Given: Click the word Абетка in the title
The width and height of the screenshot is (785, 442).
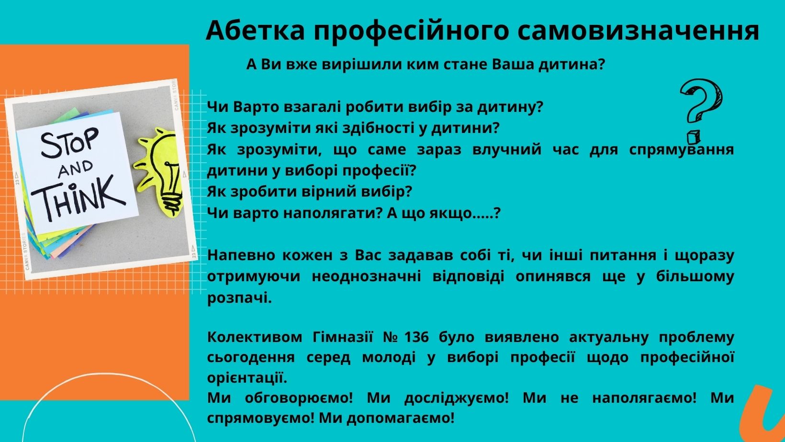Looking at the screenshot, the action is coord(255,31).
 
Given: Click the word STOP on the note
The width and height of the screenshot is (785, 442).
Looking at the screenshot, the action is coord(70,142).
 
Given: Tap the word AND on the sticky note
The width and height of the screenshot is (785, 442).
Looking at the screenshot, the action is coord(75,169).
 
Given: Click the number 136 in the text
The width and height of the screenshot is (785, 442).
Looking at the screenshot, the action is coord(417,337).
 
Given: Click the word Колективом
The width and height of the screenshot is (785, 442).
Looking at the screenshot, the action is coord(255,337).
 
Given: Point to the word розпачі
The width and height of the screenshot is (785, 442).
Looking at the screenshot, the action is coord(239,298).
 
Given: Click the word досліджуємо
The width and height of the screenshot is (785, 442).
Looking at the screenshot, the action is coord(456,398).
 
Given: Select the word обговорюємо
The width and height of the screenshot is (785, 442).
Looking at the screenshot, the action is coord(299,398).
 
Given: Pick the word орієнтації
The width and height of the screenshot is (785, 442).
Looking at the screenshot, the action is coord(247,378).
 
